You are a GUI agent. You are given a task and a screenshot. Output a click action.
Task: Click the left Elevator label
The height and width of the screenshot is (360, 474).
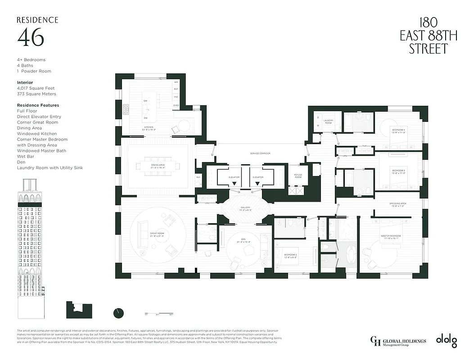(x=234, y=177)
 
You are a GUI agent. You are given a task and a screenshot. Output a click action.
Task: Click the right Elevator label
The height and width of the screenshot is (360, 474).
(x=257, y=177)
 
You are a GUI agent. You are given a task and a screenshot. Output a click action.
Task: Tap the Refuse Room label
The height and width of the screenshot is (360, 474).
(x=298, y=176)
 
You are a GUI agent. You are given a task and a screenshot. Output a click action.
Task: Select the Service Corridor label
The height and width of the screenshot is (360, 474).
(x=260, y=153)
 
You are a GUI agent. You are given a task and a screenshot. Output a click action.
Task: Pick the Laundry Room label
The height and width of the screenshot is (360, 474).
(x=328, y=121)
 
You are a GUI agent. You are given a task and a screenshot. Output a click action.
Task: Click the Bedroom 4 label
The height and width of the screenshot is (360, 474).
(x=398, y=131)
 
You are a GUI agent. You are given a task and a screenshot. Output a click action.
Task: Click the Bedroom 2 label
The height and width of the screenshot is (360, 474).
(x=290, y=256)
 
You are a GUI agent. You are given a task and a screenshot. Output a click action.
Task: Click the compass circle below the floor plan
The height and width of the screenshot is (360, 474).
(x=119, y=312)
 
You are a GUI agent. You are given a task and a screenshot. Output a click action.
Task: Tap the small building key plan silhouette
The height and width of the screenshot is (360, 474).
(x=79, y=310)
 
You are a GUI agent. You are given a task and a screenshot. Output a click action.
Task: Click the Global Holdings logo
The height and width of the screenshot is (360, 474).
(x=397, y=342)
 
